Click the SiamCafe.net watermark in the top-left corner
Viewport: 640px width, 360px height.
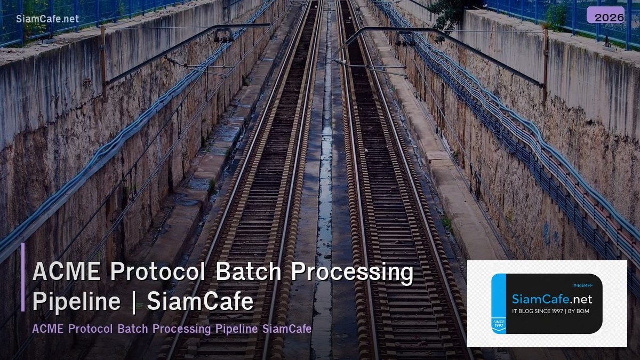[x=47, y=19]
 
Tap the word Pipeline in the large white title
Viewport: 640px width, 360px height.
[x=76, y=301]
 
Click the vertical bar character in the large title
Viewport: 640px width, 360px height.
[x=133, y=302]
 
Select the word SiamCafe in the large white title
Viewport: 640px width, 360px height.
[x=200, y=301]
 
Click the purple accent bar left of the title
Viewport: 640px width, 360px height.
[x=23, y=277]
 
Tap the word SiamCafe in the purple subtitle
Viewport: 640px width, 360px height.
[x=286, y=329]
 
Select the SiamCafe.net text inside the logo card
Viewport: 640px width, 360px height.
[x=552, y=299]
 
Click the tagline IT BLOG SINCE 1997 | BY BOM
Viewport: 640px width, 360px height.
[x=550, y=311]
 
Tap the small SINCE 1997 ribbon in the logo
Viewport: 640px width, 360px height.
[x=498, y=324]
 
